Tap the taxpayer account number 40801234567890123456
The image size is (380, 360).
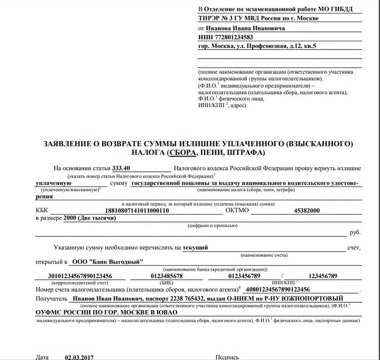277,290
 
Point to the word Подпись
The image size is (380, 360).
227,357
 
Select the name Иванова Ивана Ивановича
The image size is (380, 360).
245,28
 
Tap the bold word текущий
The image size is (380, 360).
196,248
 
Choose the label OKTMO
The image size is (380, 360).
237,210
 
